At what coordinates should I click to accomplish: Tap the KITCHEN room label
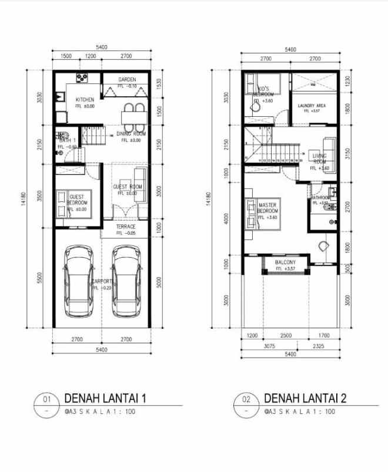pyautogui.click(x=85, y=100)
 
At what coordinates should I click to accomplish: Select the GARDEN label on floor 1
pyautogui.click(x=127, y=80)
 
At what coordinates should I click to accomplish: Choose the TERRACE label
pyautogui.click(x=125, y=227)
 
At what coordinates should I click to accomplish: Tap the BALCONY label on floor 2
pyautogui.click(x=285, y=262)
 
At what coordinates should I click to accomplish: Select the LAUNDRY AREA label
pyautogui.click(x=312, y=106)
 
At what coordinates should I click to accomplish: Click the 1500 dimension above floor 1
pyautogui.click(x=65, y=57)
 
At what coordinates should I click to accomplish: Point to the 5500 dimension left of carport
pyautogui.click(x=39, y=277)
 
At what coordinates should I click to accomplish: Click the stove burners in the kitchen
pyautogui.click(x=81, y=77)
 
